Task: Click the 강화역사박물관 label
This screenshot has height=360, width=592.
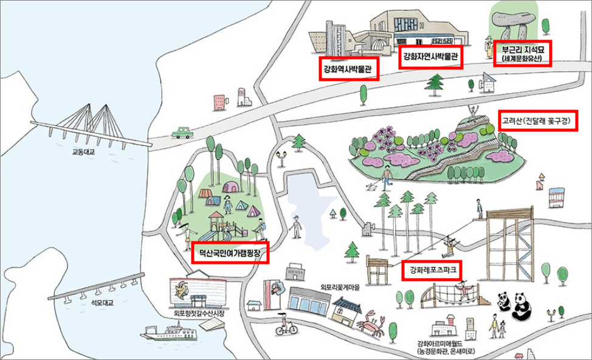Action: tap(349, 69)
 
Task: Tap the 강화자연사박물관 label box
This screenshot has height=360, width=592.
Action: tap(430, 58)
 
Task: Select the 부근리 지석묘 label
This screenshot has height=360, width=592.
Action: tap(521, 54)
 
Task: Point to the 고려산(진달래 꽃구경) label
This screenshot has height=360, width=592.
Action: tap(537, 121)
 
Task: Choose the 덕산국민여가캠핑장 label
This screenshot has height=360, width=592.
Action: tap(229, 251)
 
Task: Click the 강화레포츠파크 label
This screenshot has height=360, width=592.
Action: tap(432, 269)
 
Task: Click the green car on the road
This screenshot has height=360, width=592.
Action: tap(182, 133)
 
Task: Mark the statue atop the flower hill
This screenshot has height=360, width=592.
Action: tap(473, 111)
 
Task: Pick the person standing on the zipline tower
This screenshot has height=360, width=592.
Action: tap(480, 210)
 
